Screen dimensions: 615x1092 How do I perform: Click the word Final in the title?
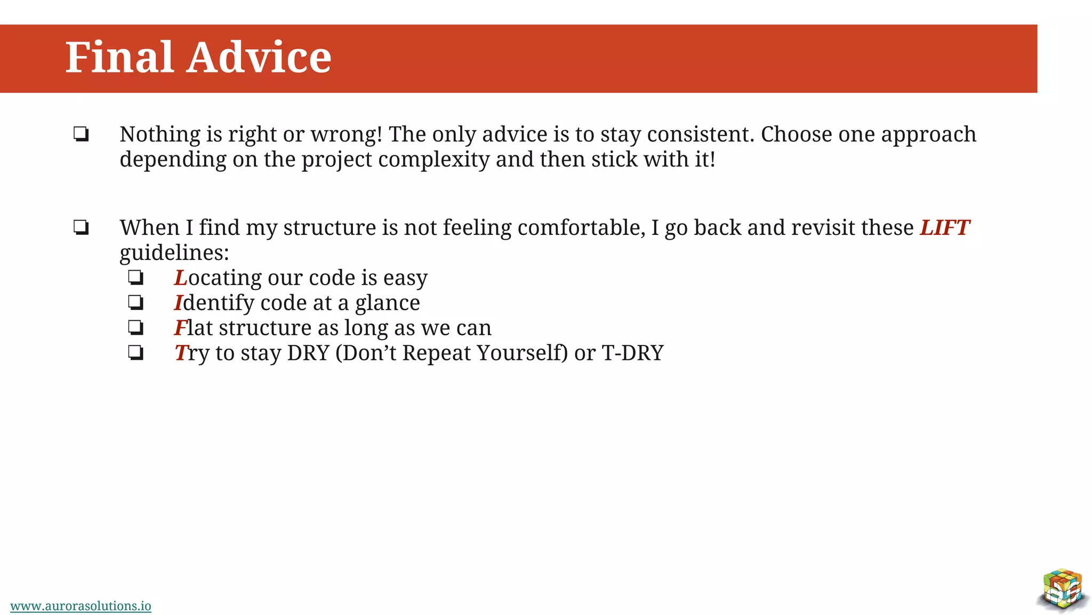[x=119, y=57]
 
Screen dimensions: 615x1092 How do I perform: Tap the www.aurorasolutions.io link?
[x=81, y=606]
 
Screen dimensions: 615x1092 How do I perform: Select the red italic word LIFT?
[x=944, y=228]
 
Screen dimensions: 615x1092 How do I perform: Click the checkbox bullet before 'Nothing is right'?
[x=81, y=134]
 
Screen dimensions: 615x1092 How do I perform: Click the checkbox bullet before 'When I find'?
[x=81, y=228]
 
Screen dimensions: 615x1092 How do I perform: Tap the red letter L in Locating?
[x=181, y=278]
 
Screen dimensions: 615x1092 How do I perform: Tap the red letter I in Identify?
[x=179, y=303]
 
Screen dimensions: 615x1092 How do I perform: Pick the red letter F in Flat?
[x=181, y=328]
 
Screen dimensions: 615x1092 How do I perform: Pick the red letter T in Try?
[x=181, y=353]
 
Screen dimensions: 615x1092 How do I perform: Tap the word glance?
[x=387, y=303]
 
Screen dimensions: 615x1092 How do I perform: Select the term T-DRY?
[x=632, y=353]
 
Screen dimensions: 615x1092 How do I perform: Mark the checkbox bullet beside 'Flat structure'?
[x=136, y=327]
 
